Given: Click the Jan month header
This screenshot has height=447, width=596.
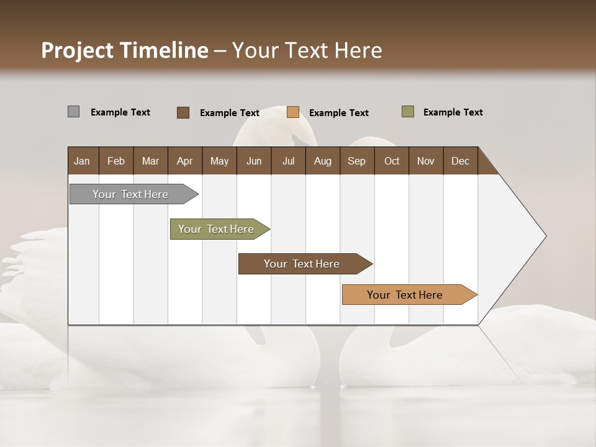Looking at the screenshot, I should coord(82,161).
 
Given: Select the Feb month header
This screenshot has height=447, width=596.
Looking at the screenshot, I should coord(116,161).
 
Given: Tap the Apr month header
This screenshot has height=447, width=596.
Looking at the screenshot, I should coord(184,161).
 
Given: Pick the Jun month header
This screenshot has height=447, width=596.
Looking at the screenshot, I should coord(254,161).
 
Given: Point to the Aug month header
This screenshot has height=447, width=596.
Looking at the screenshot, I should coord(322,161).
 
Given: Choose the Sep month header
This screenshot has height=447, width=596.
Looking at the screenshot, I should coord(356,161).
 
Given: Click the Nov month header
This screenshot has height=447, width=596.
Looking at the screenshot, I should coord(425,161).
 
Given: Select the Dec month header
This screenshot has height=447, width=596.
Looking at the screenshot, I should coord(460,161).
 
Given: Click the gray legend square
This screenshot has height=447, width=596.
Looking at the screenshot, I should coord(73,112).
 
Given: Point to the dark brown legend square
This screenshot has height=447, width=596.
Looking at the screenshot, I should coord(183,112).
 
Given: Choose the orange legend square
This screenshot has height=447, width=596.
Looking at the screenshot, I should coord(293,112).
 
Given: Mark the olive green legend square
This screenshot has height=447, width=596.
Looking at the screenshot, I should coord(408,112).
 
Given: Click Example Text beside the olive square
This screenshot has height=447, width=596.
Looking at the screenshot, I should coord(453,112).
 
